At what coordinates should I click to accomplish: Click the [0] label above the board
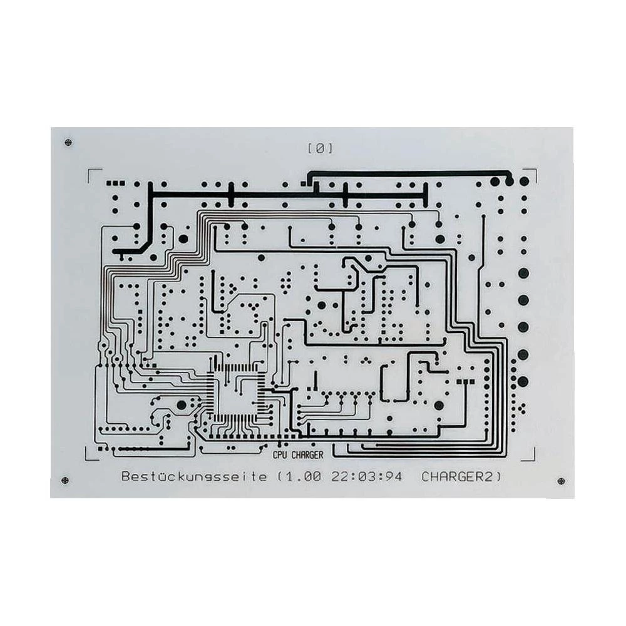tap(320, 148)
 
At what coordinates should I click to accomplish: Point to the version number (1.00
tap(299, 477)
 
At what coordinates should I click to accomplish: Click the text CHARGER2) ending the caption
tap(461, 477)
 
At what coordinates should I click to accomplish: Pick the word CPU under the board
tap(281, 455)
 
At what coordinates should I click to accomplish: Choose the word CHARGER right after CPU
tap(307, 455)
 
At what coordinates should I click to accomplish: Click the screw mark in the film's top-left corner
tap(68, 143)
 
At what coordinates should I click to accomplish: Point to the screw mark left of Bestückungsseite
tap(65, 480)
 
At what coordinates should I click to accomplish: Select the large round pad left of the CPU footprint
tap(182, 405)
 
